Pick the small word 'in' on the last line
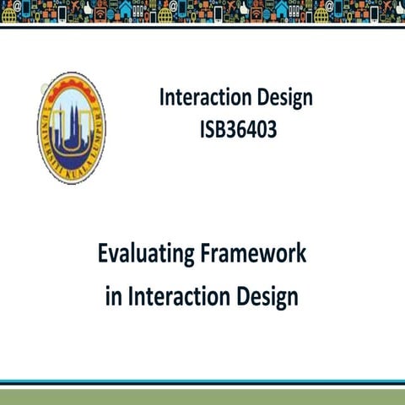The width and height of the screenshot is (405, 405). click(x=114, y=297)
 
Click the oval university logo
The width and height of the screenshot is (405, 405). click(x=72, y=127)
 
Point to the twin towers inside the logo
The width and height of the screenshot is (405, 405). click(x=72, y=118)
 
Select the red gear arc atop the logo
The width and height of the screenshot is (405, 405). click(x=72, y=80)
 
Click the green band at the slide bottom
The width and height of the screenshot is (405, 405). click(x=202, y=396)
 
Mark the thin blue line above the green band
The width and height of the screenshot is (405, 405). click(x=202, y=381)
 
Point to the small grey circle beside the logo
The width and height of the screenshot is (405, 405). click(x=42, y=86)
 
